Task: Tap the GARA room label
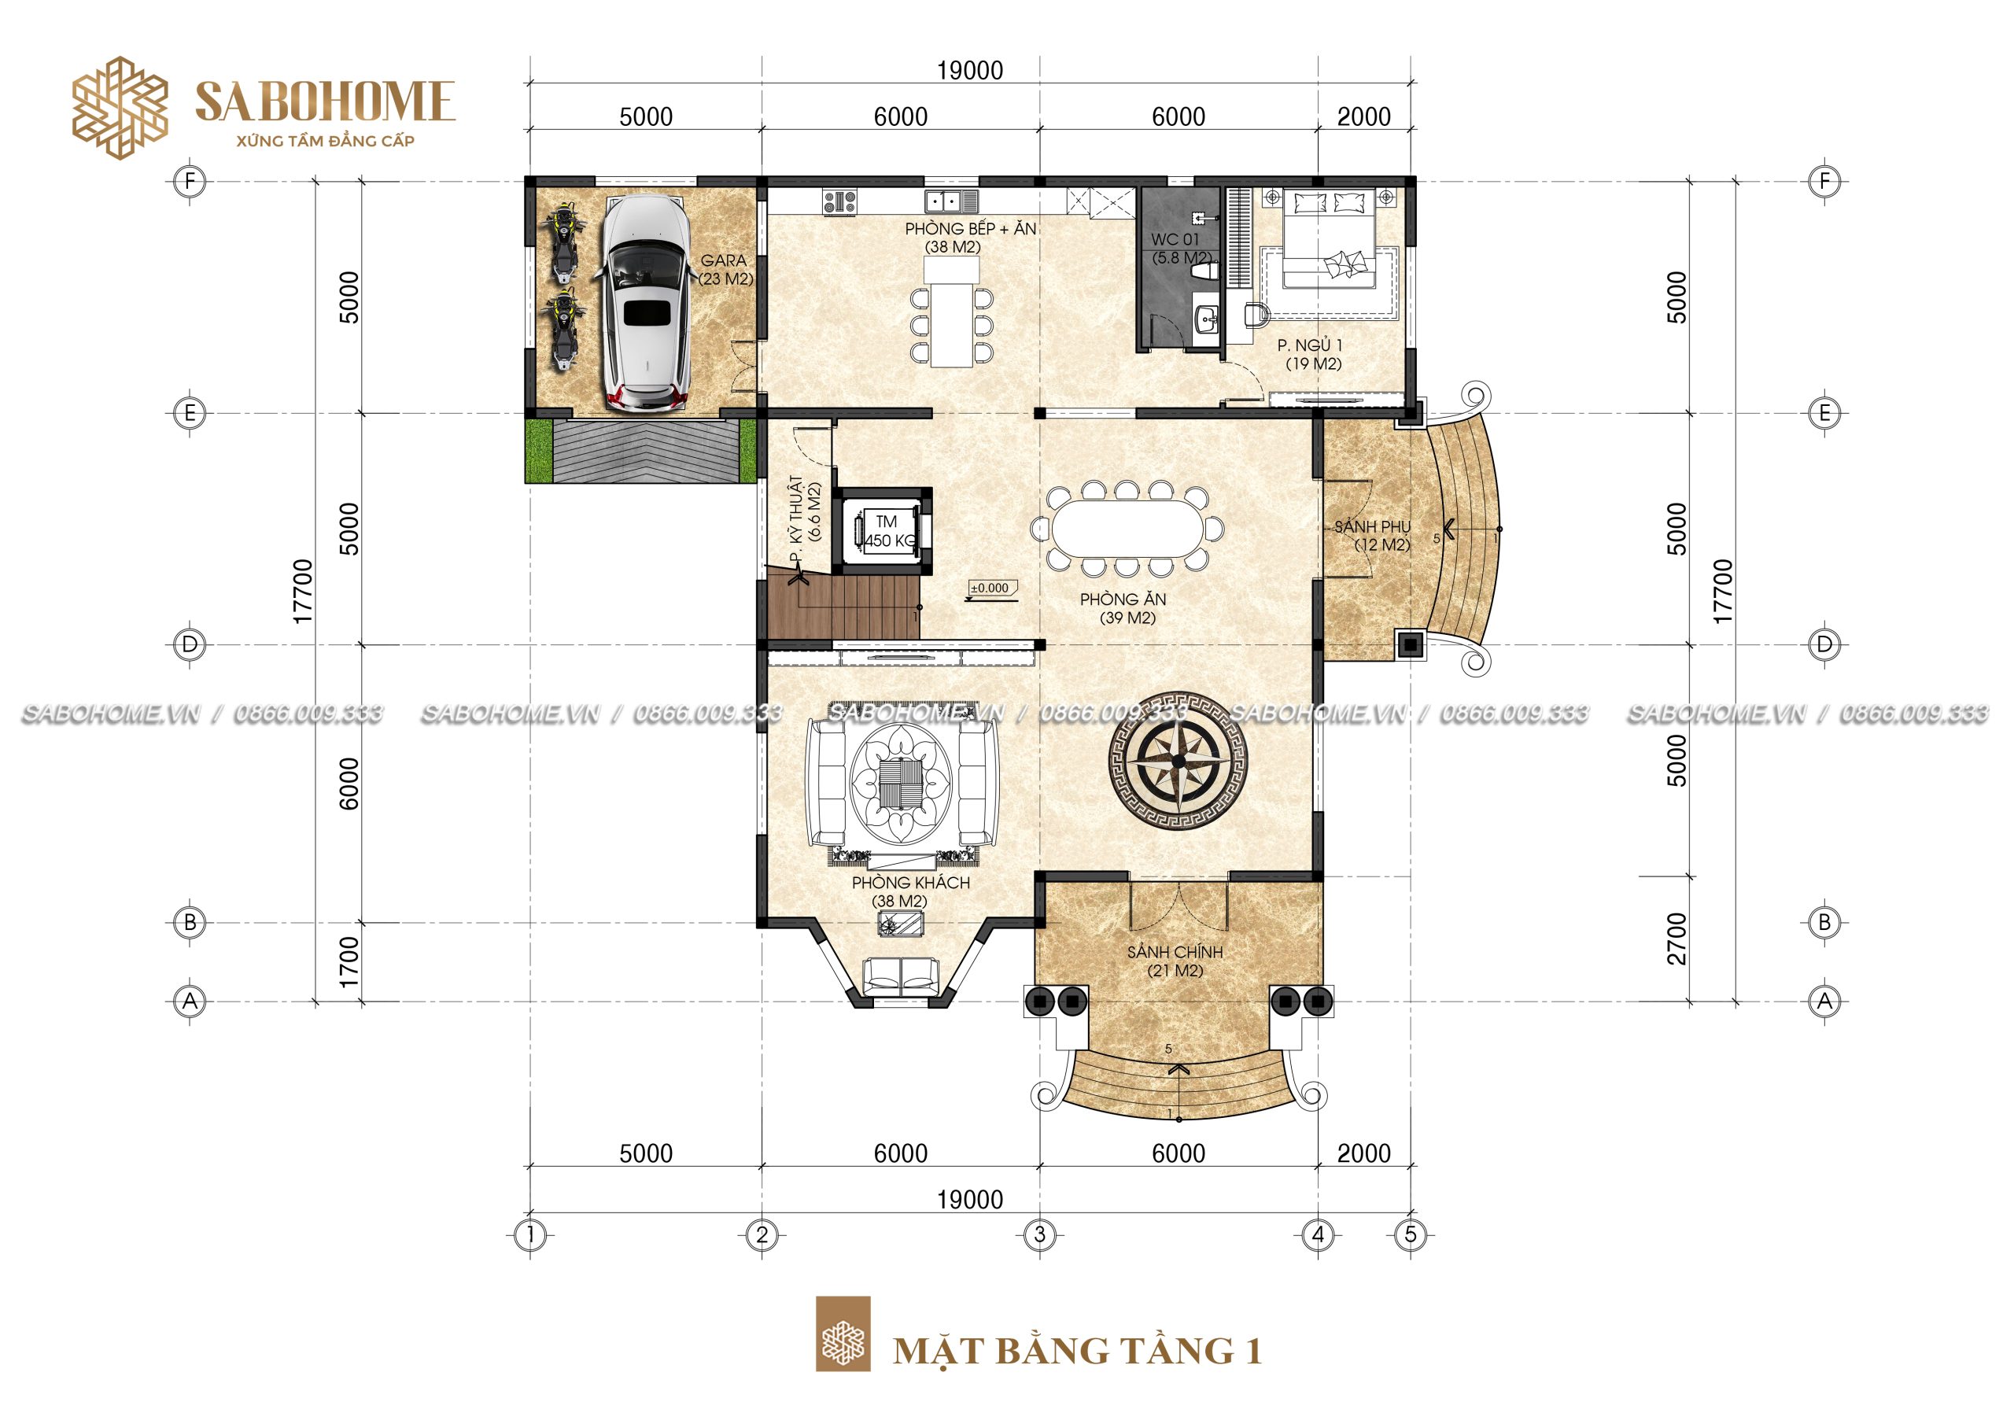click(x=724, y=260)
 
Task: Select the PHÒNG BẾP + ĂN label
click(x=970, y=229)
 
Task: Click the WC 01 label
click(x=1175, y=239)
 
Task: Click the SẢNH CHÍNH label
click(x=1175, y=952)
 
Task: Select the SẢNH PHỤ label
click(x=1372, y=526)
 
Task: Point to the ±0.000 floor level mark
click(x=990, y=588)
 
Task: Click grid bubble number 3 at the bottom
click(x=1039, y=1234)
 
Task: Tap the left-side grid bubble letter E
click(x=190, y=412)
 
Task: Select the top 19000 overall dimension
click(x=969, y=70)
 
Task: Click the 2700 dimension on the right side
click(x=1676, y=938)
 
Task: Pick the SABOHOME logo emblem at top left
click(x=120, y=108)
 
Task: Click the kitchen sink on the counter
click(x=952, y=202)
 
